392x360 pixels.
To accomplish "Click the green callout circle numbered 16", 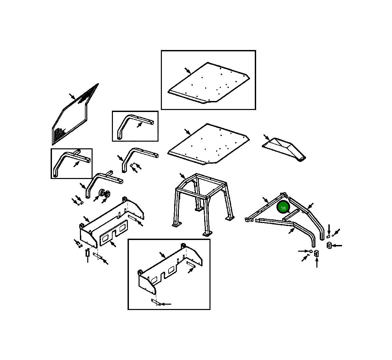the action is point(283,208).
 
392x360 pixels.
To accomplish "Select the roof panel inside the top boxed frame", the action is point(208,83).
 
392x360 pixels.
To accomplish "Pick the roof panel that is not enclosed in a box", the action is point(208,144).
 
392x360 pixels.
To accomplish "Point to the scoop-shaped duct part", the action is point(284,149).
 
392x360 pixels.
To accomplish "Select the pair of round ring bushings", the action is point(105,193).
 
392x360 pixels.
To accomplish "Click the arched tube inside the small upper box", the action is point(135,126).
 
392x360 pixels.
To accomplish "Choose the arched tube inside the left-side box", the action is point(72,163).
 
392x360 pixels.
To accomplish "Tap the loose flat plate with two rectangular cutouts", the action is point(114,231).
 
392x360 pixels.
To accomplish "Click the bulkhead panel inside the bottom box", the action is point(170,269).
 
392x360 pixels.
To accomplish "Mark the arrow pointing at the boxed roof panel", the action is point(188,71).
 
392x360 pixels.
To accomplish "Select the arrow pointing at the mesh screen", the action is point(72,97).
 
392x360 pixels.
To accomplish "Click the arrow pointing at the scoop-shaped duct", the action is point(266,137).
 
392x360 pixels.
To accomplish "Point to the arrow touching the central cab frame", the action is point(183,176).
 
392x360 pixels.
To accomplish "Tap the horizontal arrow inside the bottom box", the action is point(166,304).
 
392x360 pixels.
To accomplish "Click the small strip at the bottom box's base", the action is point(156,302).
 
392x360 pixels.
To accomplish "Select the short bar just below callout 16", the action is point(291,215).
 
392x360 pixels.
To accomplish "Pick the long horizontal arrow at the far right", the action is point(337,246).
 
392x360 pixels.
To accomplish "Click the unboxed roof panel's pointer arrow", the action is point(188,132).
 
